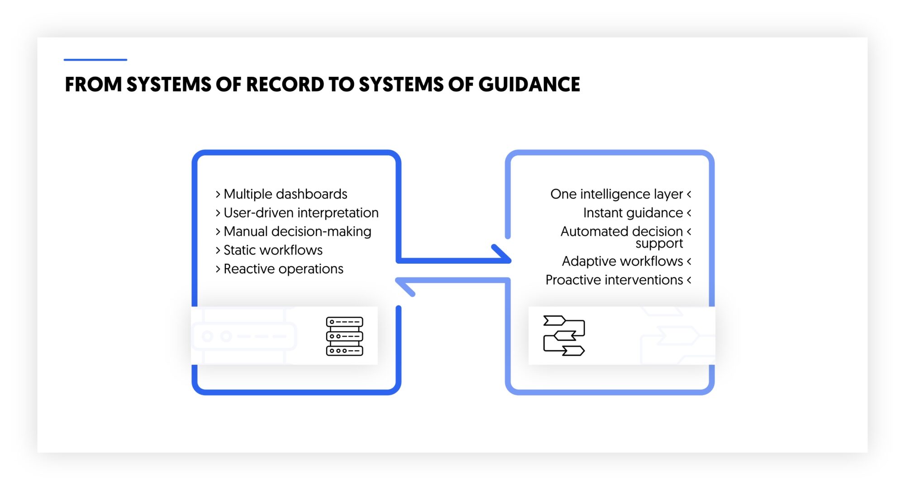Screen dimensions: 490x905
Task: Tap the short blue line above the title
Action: click(95, 59)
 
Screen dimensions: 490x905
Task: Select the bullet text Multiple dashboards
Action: click(285, 194)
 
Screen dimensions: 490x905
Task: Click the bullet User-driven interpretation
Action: click(301, 213)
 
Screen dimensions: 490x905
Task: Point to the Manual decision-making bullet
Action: click(297, 232)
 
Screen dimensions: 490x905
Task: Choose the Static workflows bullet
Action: click(273, 250)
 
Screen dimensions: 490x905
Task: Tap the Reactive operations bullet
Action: click(283, 269)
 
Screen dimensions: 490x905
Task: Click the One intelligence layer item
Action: click(616, 194)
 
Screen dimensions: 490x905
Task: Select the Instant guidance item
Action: click(633, 213)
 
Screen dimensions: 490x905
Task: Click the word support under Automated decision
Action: click(659, 244)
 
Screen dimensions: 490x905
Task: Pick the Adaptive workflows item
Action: click(622, 262)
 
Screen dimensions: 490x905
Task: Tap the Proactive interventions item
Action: click(614, 280)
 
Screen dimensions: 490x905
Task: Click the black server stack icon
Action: click(344, 336)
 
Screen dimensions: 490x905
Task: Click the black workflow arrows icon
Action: click(564, 335)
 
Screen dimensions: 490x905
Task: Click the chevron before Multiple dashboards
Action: click(218, 194)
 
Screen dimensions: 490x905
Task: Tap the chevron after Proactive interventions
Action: click(689, 280)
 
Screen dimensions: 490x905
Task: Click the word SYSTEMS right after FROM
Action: click(169, 85)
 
